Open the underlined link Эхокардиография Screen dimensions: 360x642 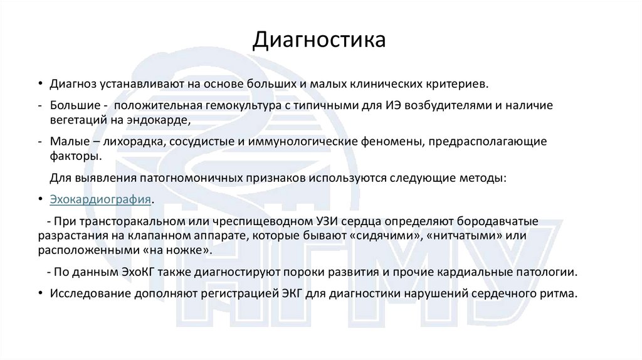[101, 199]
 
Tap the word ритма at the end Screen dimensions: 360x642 [560, 294]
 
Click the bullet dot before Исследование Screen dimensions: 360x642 [41, 294]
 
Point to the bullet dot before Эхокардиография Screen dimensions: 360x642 [41, 199]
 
